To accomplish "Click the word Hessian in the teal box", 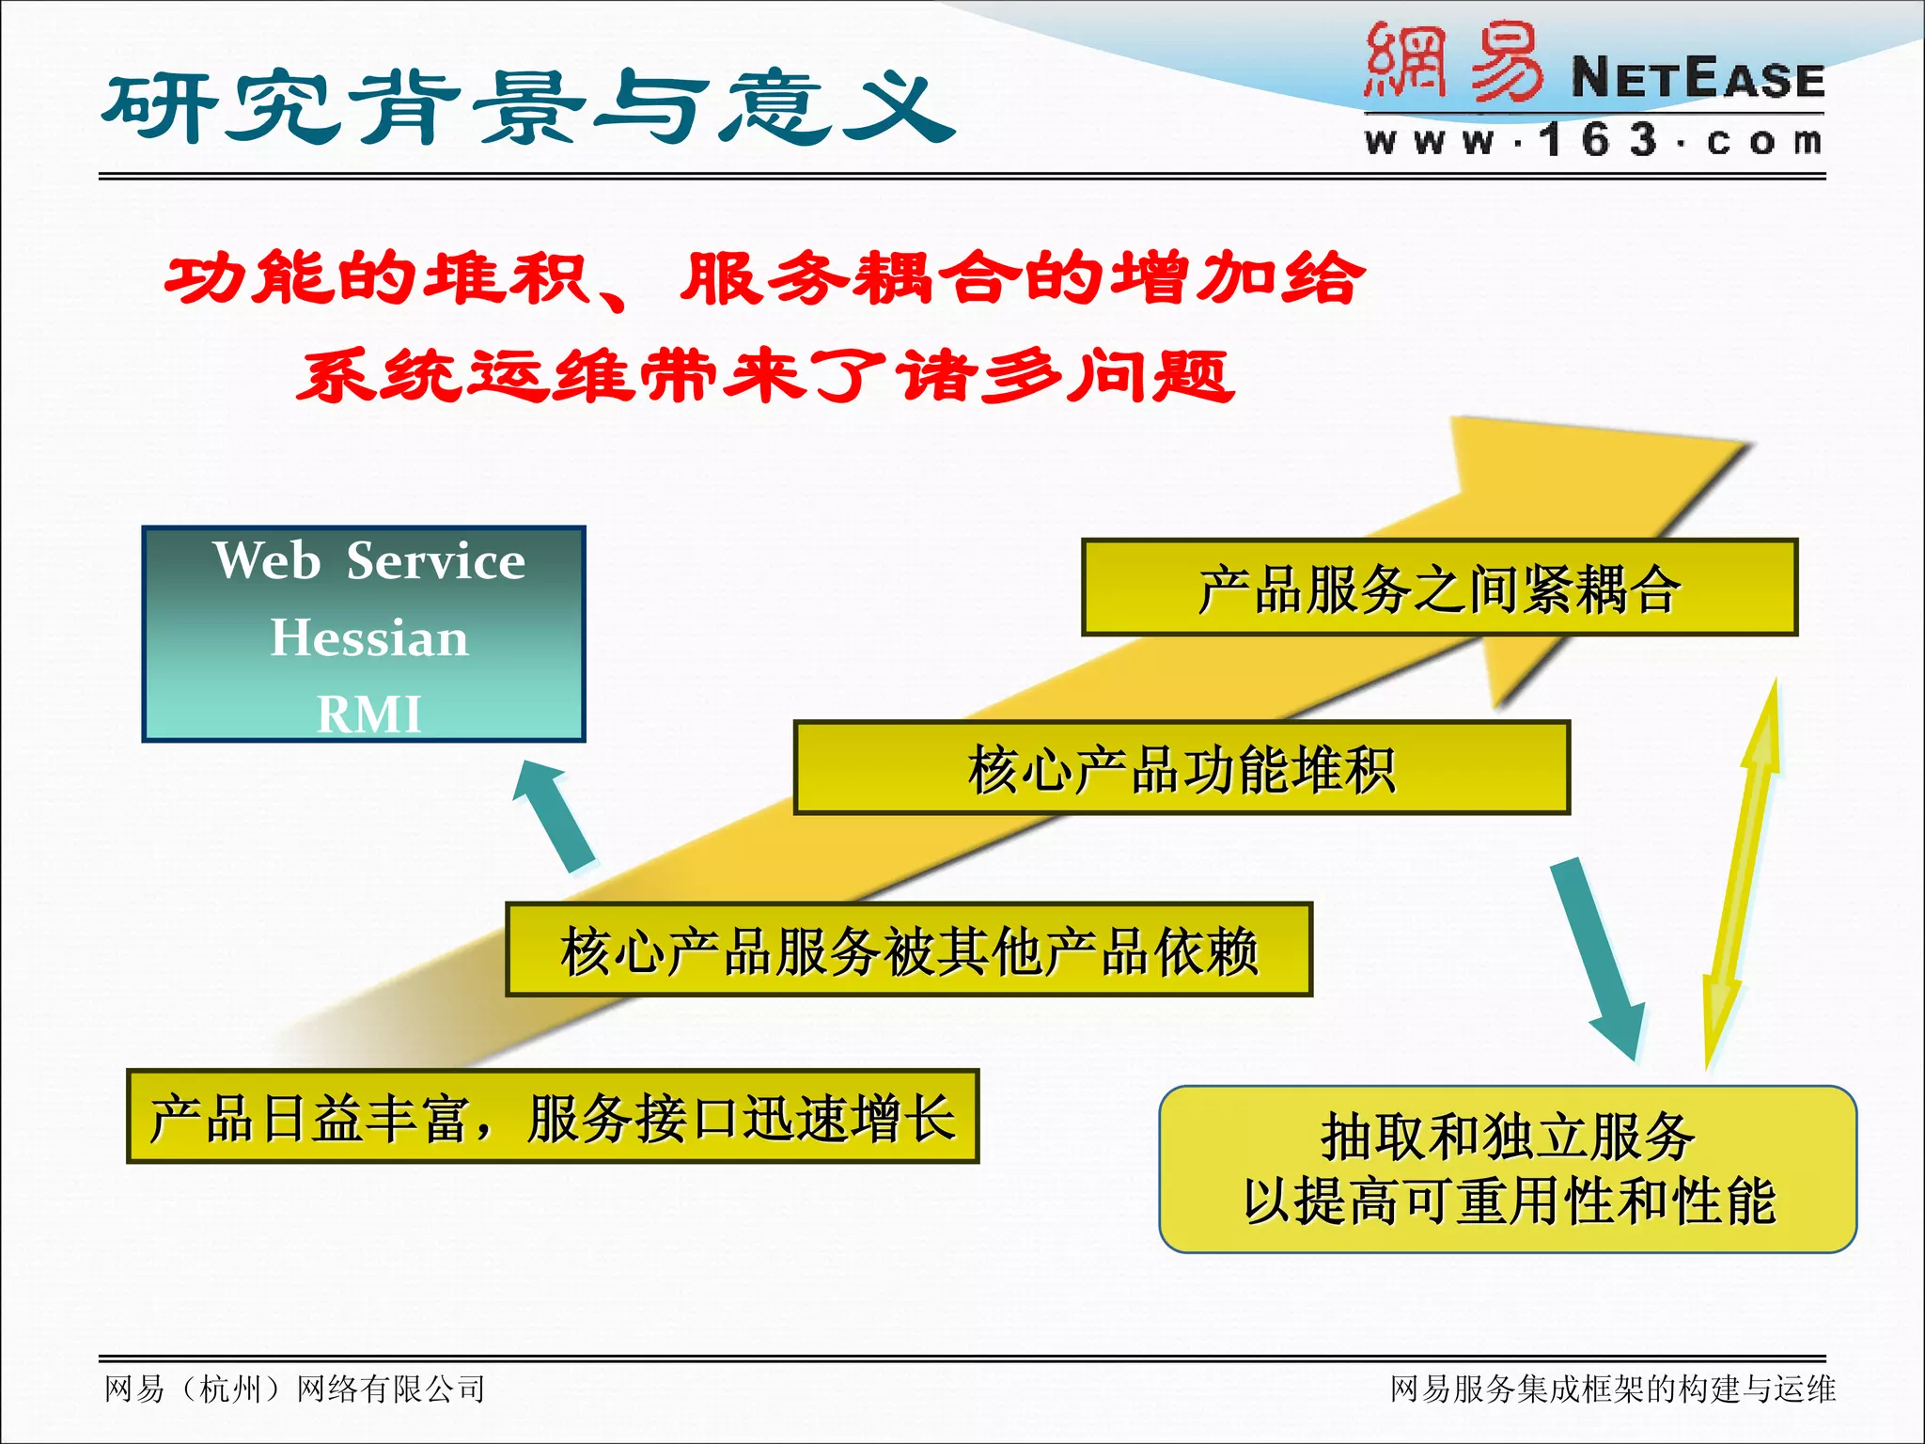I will [x=368, y=638].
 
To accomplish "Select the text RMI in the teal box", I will [x=368, y=714].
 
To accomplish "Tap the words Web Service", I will [x=368, y=561].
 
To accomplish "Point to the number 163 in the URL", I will [x=1598, y=141].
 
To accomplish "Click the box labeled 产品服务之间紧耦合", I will [x=1439, y=588].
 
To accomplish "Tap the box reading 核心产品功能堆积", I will [x=1181, y=768].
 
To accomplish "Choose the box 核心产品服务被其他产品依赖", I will [x=908, y=950].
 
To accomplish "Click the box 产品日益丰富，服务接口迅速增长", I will [x=553, y=1117].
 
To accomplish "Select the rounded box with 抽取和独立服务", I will [x=1508, y=1169].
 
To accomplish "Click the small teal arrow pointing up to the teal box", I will [x=556, y=814].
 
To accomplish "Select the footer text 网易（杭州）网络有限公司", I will [x=295, y=1389].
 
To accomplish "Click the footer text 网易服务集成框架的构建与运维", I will [x=1612, y=1389].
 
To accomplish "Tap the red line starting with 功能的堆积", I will [x=763, y=279].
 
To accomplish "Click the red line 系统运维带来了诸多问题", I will [x=763, y=376].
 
